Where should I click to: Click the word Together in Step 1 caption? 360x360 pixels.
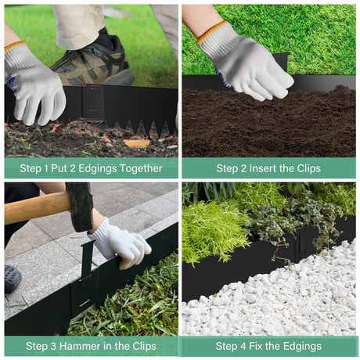tap(142, 169)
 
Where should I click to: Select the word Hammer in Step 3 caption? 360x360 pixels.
tap(80, 346)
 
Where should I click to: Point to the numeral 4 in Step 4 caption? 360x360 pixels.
tap(243, 347)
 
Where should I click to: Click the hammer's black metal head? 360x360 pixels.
tap(80, 207)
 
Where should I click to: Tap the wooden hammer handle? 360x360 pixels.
tap(37, 208)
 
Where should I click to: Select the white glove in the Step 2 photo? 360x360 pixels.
tap(245, 62)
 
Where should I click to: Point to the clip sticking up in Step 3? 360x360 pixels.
tap(88, 260)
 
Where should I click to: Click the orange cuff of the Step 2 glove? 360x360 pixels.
tap(211, 32)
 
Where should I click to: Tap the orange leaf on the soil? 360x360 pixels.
tap(137, 143)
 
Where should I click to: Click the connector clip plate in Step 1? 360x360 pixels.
tap(93, 101)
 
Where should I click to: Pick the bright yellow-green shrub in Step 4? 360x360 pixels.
tap(213, 231)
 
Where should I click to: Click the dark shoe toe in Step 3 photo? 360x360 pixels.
tap(12, 279)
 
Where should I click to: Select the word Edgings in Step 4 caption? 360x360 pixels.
tap(302, 347)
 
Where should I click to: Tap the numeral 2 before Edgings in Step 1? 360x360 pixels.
tap(72, 168)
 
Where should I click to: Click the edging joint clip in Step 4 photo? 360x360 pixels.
tap(303, 243)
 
